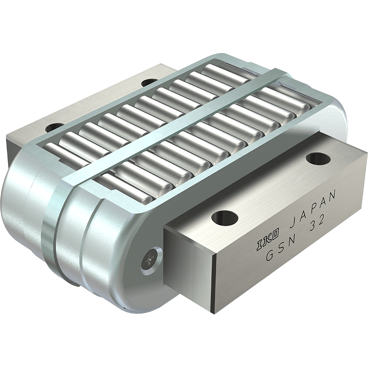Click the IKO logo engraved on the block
tap(268, 240)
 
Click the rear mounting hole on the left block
tap(148, 83)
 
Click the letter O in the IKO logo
tap(276, 235)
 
